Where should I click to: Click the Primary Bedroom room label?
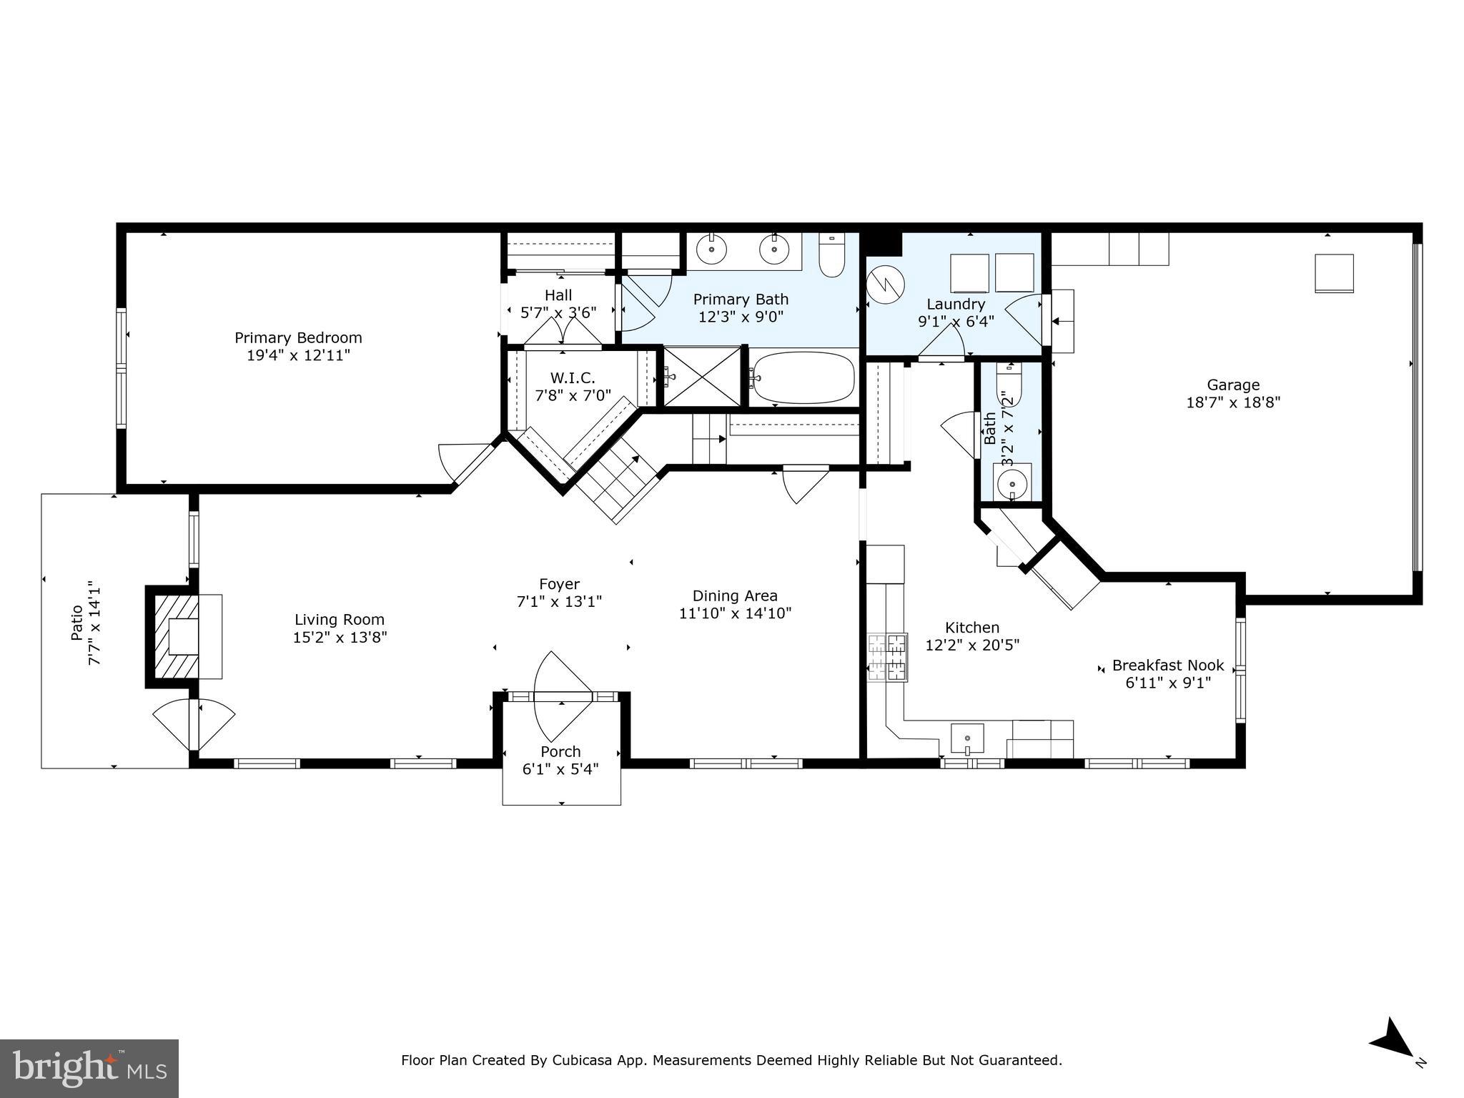click(298, 337)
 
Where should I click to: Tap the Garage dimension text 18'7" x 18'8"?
click(1233, 402)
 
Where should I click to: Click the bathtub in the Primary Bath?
click(804, 378)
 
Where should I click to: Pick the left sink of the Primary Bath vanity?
click(712, 249)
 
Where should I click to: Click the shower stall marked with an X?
click(702, 377)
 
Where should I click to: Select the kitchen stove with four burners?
click(887, 656)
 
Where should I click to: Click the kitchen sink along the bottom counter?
click(966, 738)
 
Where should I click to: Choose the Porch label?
click(560, 751)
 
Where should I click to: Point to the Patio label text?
click(77, 623)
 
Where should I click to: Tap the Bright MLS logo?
click(89, 1069)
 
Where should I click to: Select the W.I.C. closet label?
click(573, 377)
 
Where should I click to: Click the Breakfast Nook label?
click(1168, 666)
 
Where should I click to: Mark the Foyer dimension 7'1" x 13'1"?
click(559, 602)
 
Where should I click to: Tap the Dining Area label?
click(735, 595)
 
